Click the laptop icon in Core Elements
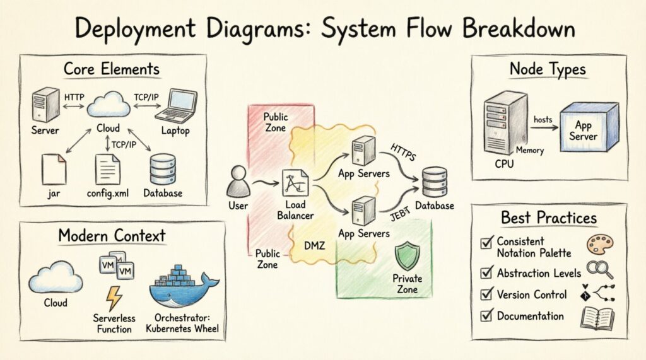(x=177, y=105)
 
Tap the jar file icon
(x=54, y=168)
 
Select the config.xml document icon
(x=108, y=168)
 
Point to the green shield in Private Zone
(x=407, y=257)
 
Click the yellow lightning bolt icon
(x=114, y=298)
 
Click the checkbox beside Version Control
(x=486, y=295)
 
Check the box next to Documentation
(x=486, y=316)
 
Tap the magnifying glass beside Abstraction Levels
(x=599, y=270)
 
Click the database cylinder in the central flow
(x=434, y=183)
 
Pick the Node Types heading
(x=548, y=69)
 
